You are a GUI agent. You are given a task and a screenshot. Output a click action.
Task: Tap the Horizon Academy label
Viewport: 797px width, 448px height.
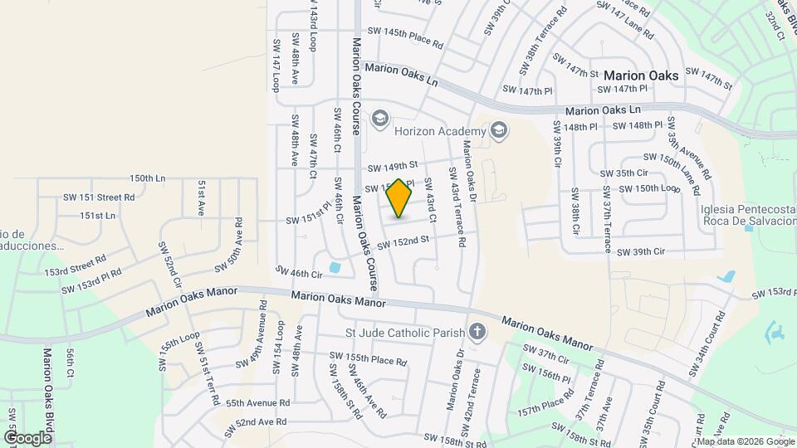click(x=438, y=131)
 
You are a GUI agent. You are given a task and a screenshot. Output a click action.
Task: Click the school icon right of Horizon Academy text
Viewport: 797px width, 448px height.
click(x=498, y=129)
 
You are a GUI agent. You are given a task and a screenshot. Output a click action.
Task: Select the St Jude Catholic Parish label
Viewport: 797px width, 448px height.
click(x=404, y=334)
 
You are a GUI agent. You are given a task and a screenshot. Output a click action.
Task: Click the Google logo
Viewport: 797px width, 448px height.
click(x=27, y=437)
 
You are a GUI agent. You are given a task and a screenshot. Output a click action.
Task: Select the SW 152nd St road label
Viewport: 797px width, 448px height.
click(x=404, y=243)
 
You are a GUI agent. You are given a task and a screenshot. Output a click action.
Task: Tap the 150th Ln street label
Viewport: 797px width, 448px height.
click(x=148, y=178)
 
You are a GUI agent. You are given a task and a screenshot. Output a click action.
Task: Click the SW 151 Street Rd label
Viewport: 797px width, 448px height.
click(x=99, y=197)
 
